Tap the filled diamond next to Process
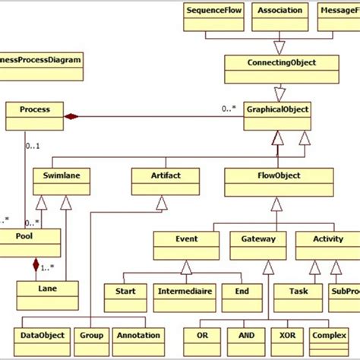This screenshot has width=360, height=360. [71, 116]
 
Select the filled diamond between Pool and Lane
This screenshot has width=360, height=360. [35, 265]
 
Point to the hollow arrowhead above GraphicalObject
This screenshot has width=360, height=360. [279, 94]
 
